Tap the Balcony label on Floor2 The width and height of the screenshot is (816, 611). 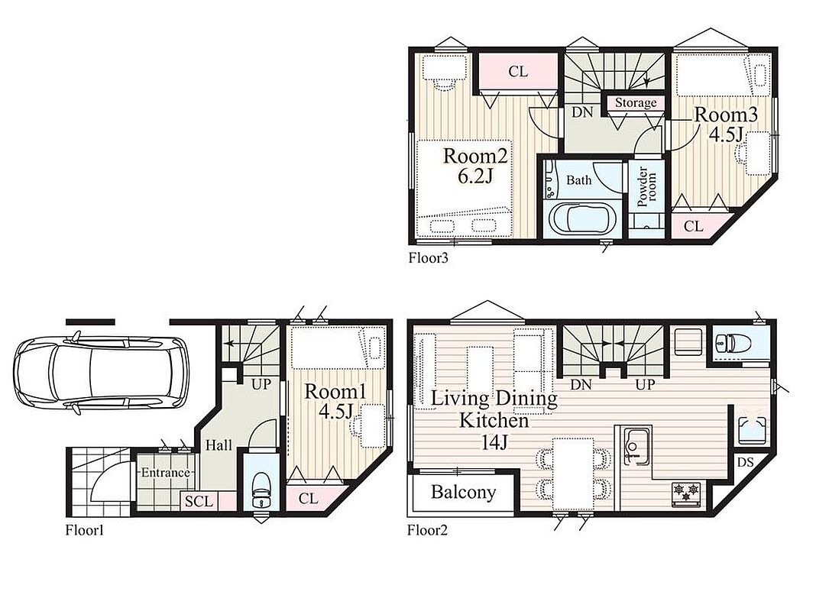(x=463, y=492)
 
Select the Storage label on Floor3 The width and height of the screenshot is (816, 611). (x=636, y=103)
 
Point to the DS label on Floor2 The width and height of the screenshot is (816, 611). (x=745, y=462)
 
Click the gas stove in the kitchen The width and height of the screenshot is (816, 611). (x=686, y=493)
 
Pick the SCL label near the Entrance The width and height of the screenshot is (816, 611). (x=199, y=501)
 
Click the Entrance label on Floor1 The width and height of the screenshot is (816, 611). (x=166, y=473)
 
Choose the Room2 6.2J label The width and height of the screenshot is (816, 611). (x=474, y=166)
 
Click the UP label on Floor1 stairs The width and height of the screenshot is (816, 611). (x=261, y=384)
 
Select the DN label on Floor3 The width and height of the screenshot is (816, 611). (x=582, y=112)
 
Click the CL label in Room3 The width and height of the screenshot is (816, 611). (x=693, y=226)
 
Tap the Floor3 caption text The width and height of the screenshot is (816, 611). (x=429, y=257)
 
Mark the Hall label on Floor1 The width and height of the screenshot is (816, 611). (x=219, y=445)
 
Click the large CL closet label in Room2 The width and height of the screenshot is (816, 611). (x=518, y=71)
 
